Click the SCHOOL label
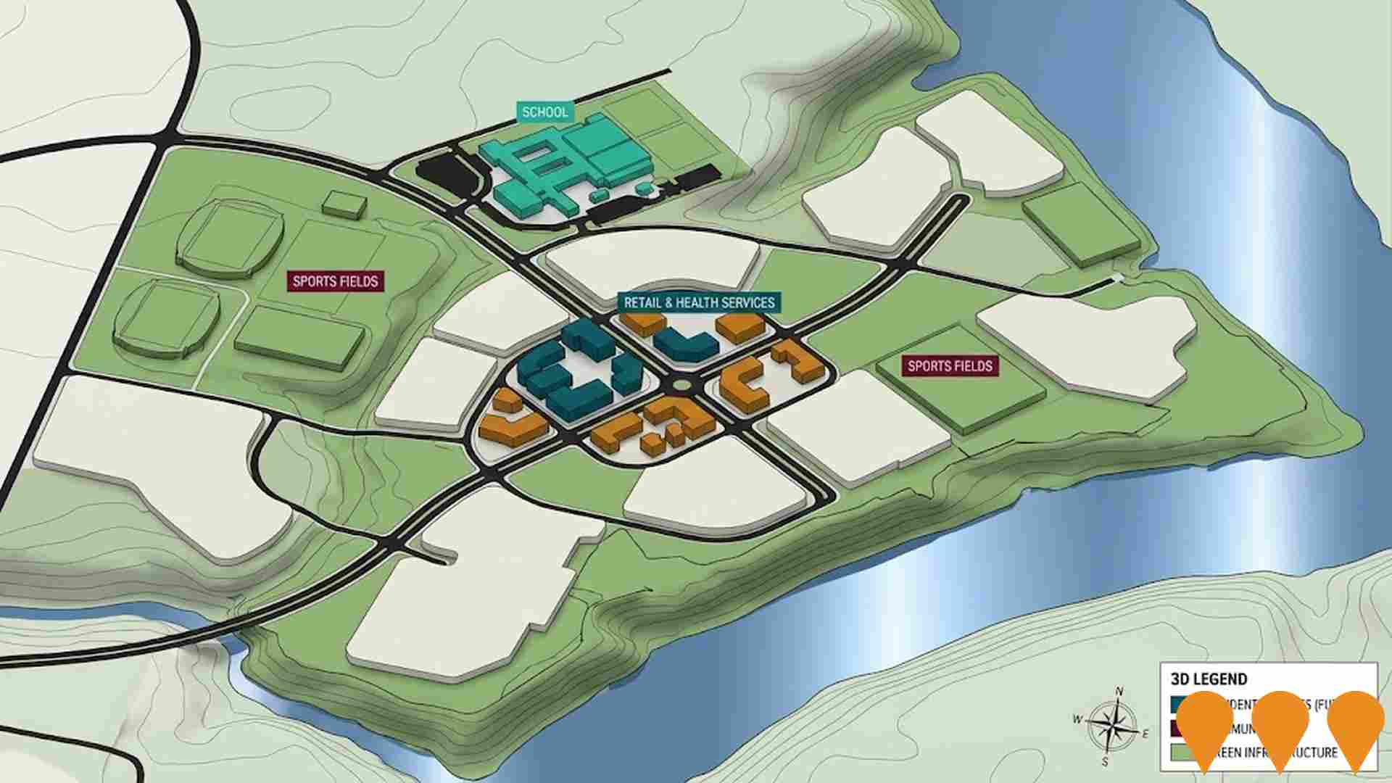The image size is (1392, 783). [545, 112]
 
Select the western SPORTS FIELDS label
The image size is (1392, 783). [336, 281]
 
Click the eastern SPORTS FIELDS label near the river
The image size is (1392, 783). [950, 366]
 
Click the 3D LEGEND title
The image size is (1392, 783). [1209, 679]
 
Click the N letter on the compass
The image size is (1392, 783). [1119, 691]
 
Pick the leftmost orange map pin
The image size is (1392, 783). [1205, 725]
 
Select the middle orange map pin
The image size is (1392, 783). [1280, 725]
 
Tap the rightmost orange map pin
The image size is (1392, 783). [1355, 725]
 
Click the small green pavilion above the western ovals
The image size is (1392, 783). [344, 204]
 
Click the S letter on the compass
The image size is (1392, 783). [1105, 761]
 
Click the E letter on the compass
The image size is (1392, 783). [1145, 734]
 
